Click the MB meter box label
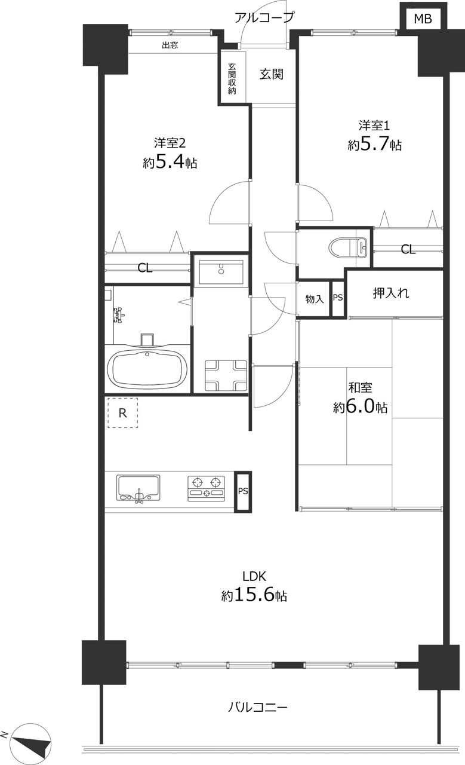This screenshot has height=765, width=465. click(x=423, y=19)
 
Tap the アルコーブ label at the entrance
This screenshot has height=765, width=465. click(x=264, y=17)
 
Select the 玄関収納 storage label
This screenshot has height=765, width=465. click(x=232, y=78)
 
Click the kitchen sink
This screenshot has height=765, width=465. click(x=138, y=488)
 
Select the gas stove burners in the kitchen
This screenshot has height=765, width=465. click(x=206, y=488)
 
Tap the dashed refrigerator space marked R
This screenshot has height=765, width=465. click(x=123, y=413)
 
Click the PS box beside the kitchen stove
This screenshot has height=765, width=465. click(x=243, y=491)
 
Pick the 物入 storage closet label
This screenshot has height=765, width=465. click(x=314, y=299)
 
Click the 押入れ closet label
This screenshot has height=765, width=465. click(x=391, y=293)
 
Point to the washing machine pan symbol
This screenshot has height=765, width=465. click(x=226, y=376)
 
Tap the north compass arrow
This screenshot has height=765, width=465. click(x=30, y=742)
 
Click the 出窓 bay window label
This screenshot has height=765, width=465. click(x=170, y=45)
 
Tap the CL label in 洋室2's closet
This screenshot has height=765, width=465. click(x=145, y=268)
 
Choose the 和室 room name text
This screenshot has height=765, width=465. click(x=360, y=388)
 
